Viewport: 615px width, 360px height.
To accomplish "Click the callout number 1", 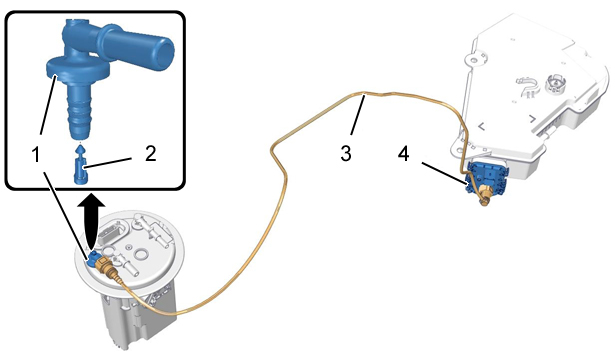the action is [x=36, y=154].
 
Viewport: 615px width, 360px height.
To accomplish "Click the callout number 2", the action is [x=150, y=153].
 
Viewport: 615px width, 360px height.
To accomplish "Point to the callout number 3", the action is [x=346, y=153].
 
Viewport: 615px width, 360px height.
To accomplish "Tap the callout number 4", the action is [x=403, y=153].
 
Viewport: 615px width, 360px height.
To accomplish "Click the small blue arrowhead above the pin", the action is [x=80, y=149].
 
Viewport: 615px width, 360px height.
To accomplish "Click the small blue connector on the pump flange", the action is [x=93, y=258].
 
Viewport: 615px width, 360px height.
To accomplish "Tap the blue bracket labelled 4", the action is [x=486, y=177].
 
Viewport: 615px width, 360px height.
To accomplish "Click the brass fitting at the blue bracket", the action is [x=484, y=193].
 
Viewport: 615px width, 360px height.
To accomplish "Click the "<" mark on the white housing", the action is [x=481, y=126].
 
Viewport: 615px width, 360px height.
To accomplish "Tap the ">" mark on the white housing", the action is [x=532, y=118].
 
